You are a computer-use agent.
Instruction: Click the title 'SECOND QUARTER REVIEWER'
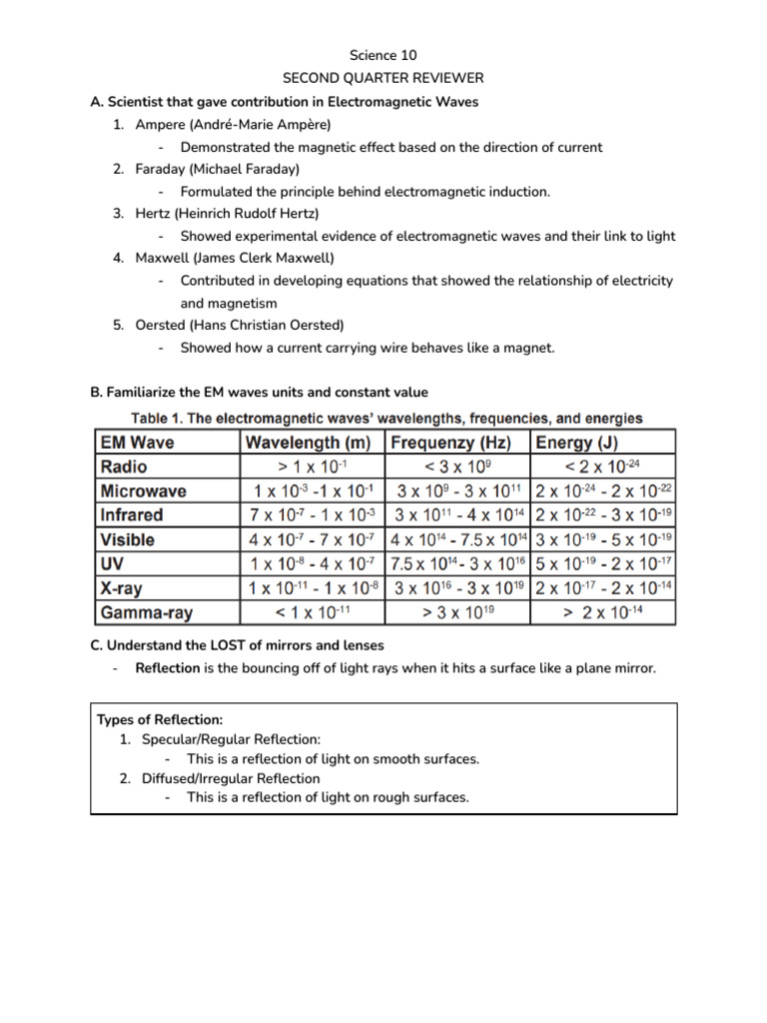[x=383, y=77]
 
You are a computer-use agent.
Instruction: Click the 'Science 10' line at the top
[x=383, y=55]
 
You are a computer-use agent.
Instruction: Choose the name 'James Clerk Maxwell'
[x=269, y=259]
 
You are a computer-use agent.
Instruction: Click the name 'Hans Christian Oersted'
[x=273, y=326]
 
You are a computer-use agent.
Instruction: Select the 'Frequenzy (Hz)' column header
[x=451, y=443]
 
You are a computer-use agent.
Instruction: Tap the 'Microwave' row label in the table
[x=143, y=492]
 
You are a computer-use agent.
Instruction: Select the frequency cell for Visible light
[x=458, y=539]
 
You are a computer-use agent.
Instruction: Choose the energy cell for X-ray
[x=603, y=587]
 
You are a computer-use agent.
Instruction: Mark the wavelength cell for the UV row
[x=313, y=563]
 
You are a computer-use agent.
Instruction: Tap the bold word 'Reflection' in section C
[x=168, y=668]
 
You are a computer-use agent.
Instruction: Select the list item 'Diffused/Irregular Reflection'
[x=231, y=778]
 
